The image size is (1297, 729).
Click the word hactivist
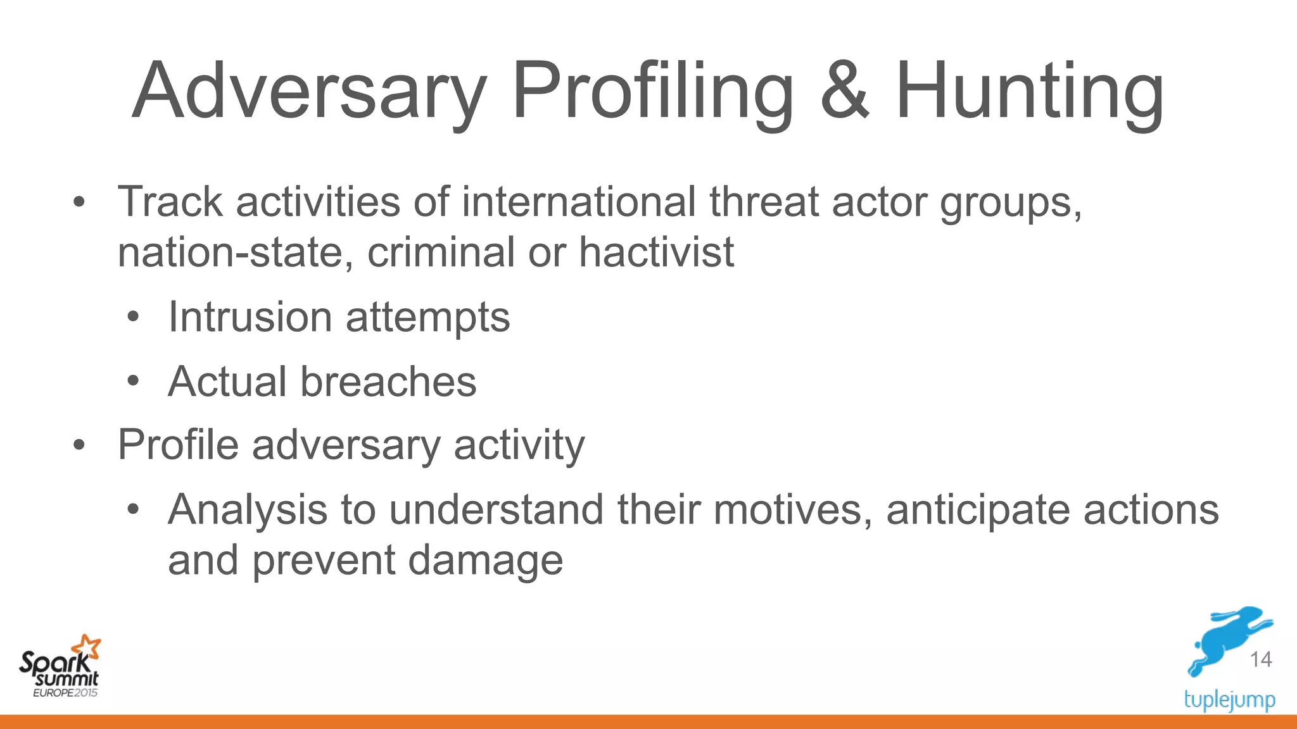656,252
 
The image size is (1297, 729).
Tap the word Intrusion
250,316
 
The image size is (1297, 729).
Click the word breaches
388,382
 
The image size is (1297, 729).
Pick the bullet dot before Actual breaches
132,382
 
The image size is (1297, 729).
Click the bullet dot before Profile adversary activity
79,445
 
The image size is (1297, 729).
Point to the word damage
485,561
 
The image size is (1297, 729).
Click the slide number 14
1260,659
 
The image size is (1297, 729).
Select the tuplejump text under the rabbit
1229,700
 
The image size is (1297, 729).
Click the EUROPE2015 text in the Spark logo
65,693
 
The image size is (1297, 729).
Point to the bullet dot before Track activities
79,202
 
